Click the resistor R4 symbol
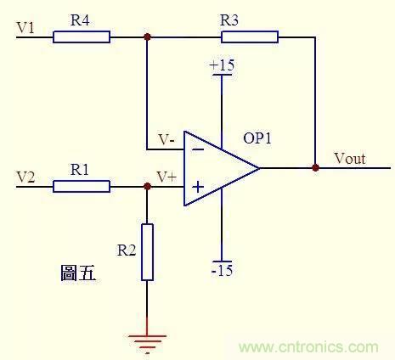(x=82, y=37)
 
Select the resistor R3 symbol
(x=250, y=37)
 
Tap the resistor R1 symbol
(x=82, y=186)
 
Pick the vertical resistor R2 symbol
(x=148, y=252)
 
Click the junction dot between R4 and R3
(x=148, y=37)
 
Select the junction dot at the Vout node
(x=316, y=168)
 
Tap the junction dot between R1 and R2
(x=148, y=186)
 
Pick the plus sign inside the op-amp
(x=197, y=187)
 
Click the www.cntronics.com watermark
(x=308, y=347)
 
